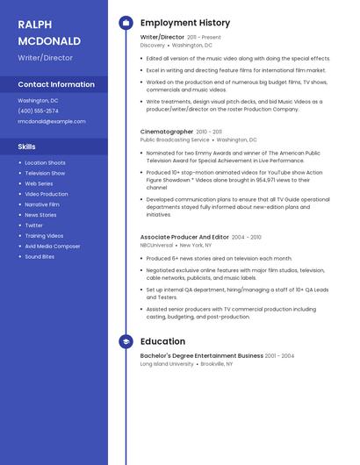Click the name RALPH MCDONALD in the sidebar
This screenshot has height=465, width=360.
pos(49,32)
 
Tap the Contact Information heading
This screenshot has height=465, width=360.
pos(56,84)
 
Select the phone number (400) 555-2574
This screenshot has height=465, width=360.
pos(38,111)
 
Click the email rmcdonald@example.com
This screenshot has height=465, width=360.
pos(52,121)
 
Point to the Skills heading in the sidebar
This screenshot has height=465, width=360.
pos(27,147)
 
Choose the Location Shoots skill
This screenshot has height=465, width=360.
pos(45,162)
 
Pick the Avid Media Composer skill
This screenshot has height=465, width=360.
pos(52,247)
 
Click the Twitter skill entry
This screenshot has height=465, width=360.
pos(33,225)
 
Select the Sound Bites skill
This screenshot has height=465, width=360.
pos(40,257)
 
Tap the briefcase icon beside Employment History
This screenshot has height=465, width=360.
pos(125,23)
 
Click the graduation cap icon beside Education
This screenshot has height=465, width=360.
pos(125,341)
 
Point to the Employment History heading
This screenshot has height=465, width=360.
pos(185,23)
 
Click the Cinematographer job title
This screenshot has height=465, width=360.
pos(167,132)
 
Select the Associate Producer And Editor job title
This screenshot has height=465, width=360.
pos(184,237)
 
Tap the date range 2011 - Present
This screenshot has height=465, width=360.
pos(204,38)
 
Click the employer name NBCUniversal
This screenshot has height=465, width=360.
pos(157,246)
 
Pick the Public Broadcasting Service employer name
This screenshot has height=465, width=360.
pos(175,139)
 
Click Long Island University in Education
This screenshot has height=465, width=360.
pos(167,363)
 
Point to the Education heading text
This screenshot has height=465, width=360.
pos(162,341)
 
